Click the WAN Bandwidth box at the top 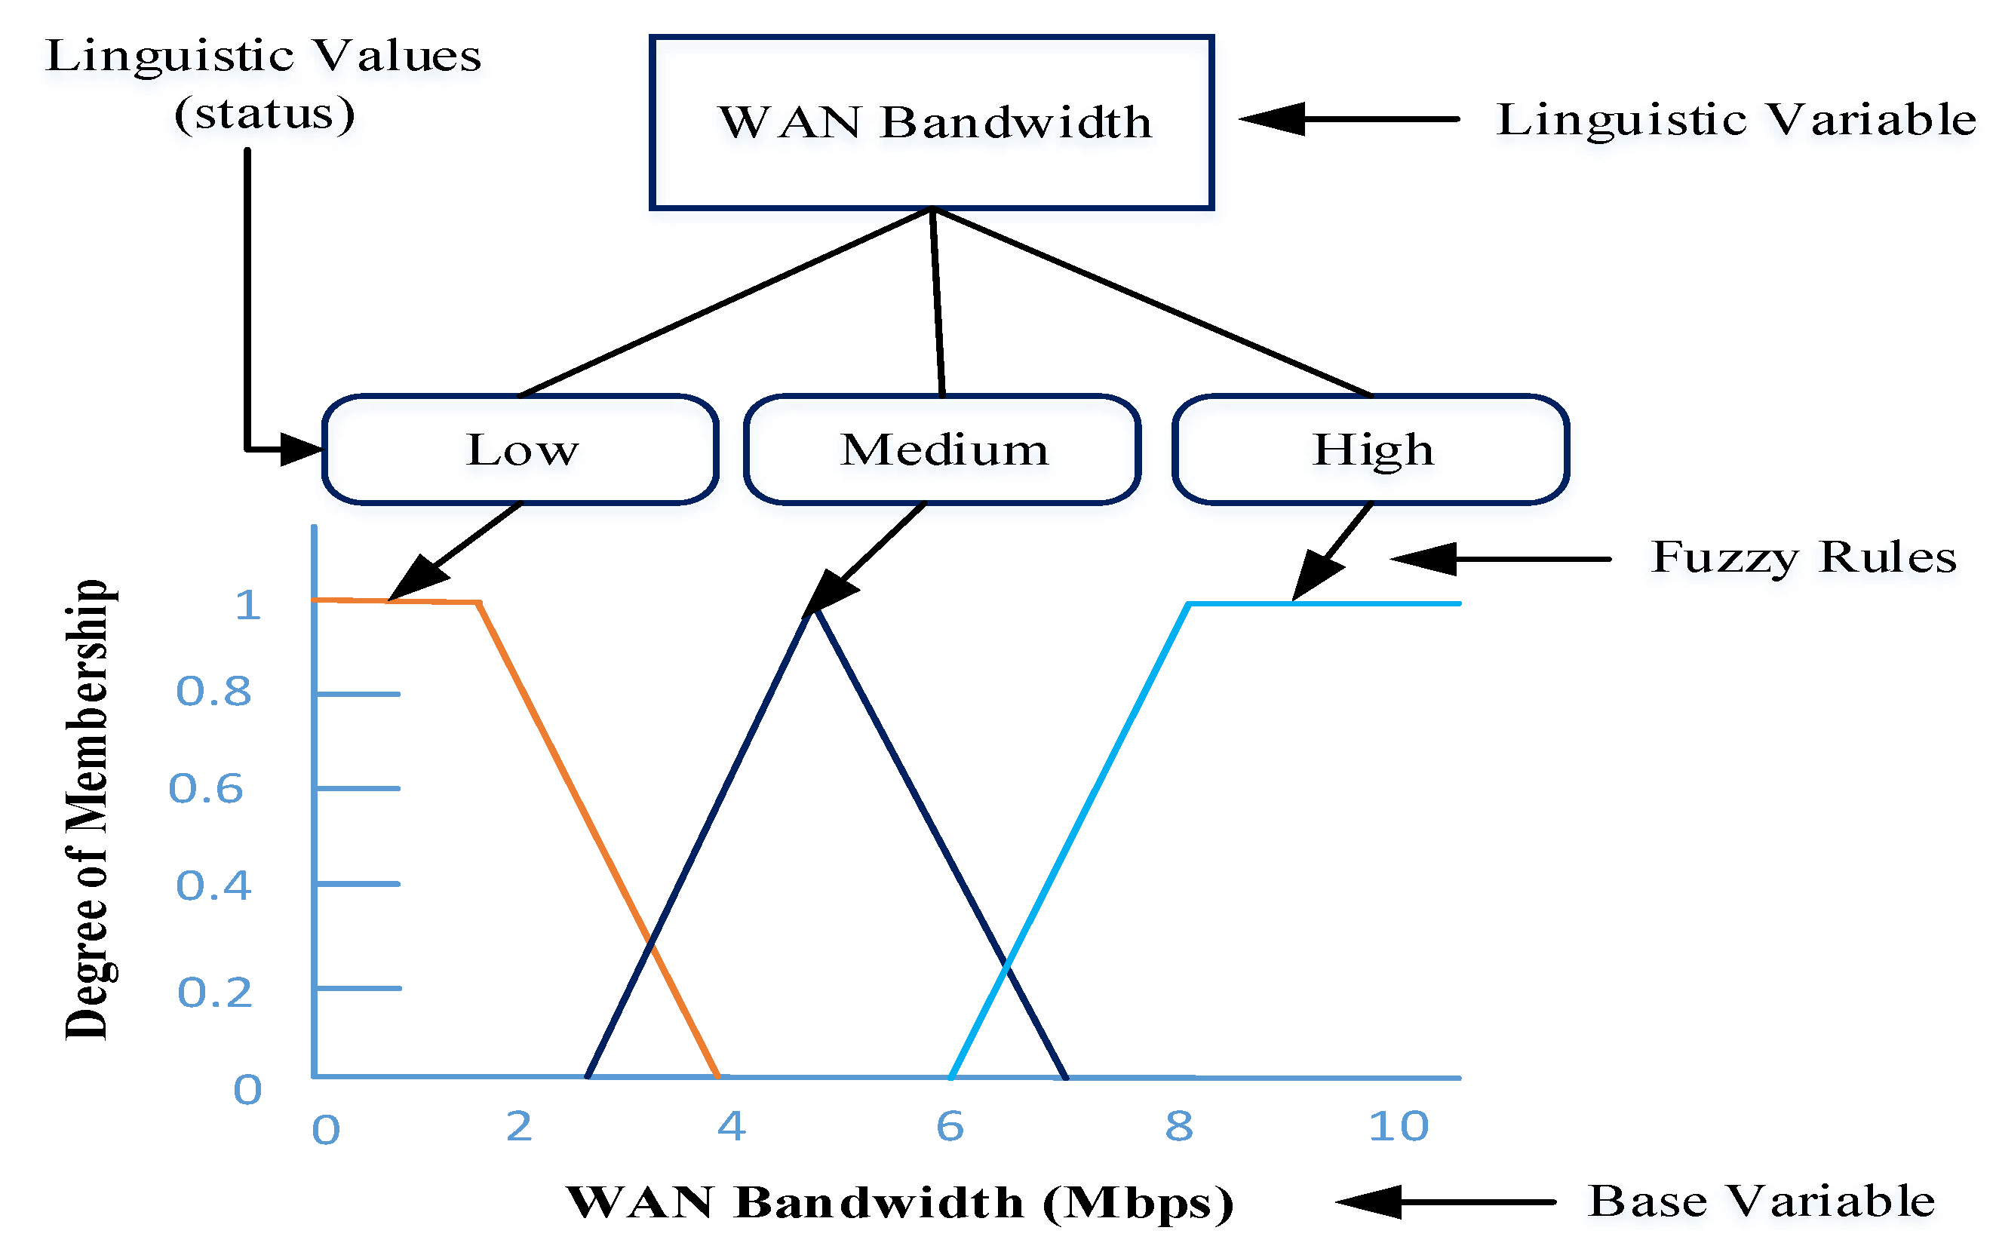931,122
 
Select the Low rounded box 520,450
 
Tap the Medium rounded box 943,450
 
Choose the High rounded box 1371,450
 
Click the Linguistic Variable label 1735,120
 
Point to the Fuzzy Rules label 1803,557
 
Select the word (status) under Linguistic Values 264,113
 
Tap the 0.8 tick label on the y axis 213,692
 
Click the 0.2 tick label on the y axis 215,992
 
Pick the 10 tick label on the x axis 1398,1126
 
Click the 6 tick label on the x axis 950,1126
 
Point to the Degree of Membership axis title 87,809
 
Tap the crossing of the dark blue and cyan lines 1006,964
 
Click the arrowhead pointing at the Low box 302,450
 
